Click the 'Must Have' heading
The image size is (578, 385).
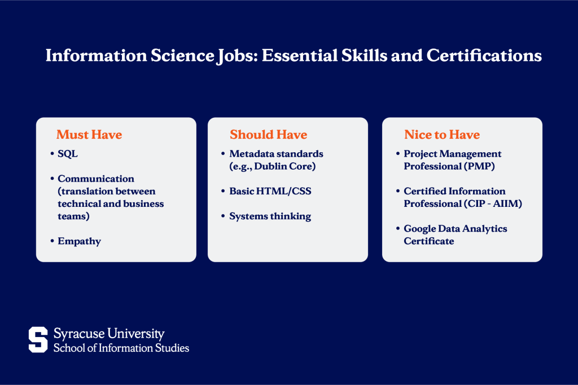89,135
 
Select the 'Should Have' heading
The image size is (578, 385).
268,135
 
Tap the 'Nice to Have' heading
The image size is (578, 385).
441,135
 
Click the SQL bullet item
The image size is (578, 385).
68,154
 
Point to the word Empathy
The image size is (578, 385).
79,241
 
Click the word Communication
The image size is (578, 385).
96,179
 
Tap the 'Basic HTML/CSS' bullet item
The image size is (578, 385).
270,191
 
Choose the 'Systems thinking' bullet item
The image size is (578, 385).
270,216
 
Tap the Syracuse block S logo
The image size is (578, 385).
38,340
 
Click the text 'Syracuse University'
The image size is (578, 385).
109,334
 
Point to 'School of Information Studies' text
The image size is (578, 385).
121,348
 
